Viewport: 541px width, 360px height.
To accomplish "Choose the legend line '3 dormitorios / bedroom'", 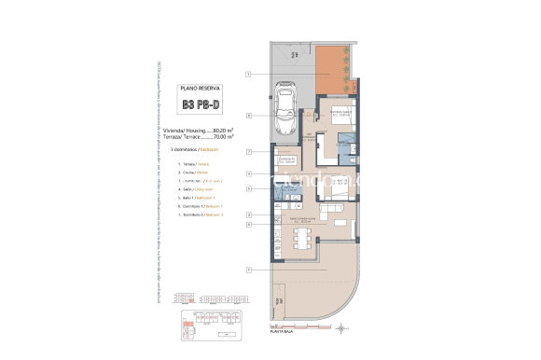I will pos(189,148).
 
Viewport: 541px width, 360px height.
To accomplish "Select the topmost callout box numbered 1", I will pos(249,73).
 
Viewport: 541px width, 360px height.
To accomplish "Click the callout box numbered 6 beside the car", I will pos(249,116).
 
